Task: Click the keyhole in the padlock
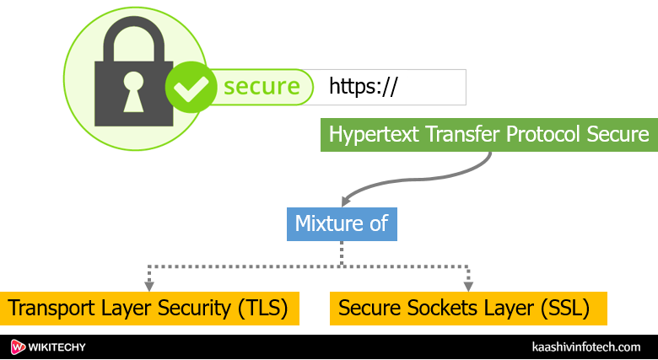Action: [133, 90]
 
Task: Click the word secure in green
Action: [261, 86]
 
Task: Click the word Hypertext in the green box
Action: [368, 135]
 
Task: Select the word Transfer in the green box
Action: [450, 135]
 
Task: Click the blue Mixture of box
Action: [341, 223]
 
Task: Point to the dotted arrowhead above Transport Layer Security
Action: [149, 286]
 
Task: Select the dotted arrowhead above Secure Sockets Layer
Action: [468, 286]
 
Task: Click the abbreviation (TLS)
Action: [261, 309]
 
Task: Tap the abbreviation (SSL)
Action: [560, 309]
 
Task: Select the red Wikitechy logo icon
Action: [19, 347]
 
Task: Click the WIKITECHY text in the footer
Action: [60, 347]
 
